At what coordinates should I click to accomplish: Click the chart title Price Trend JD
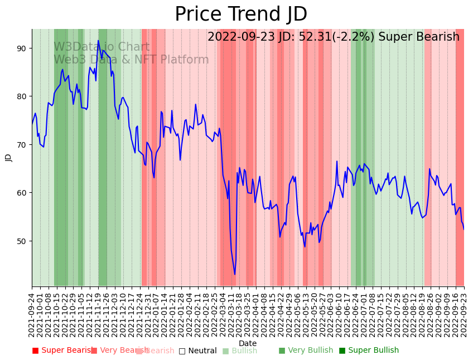click(x=241, y=14)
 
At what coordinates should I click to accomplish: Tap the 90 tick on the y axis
click(x=21, y=48)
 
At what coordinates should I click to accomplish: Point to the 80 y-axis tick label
click(x=21, y=96)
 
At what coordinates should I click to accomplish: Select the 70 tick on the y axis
click(x=21, y=145)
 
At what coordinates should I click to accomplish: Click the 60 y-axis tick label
click(x=21, y=193)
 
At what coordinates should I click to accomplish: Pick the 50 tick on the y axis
click(x=21, y=241)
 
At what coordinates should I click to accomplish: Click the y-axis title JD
click(x=8, y=158)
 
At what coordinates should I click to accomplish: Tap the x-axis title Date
click(x=248, y=343)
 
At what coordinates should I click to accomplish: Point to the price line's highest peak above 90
click(x=98, y=41)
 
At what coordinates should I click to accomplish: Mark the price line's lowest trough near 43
click(x=235, y=274)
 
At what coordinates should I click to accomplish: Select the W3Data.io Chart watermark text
click(x=102, y=47)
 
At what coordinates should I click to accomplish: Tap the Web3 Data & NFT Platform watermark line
click(x=131, y=60)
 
